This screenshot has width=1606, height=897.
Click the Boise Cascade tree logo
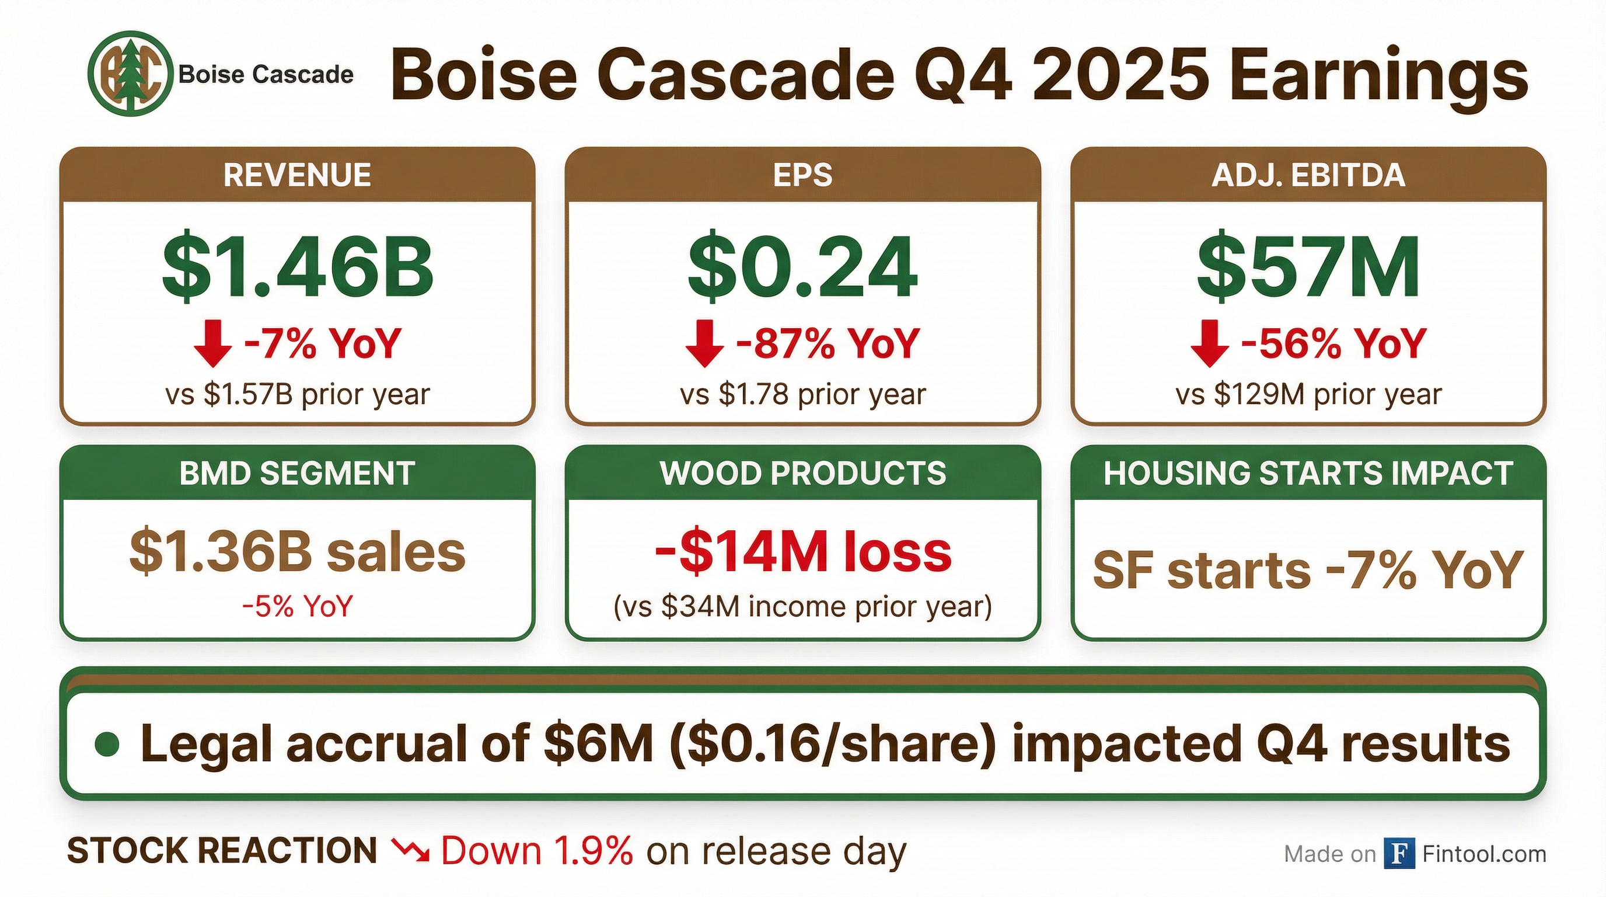(x=130, y=75)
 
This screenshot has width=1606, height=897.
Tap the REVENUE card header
(x=298, y=175)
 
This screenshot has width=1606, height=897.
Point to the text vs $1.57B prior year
(x=298, y=394)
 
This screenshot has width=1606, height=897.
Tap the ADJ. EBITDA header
(x=1308, y=175)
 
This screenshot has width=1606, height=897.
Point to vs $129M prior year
(x=1308, y=394)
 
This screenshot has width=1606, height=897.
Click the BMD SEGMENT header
(x=298, y=473)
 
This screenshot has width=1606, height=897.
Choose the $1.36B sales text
(x=298, y=552)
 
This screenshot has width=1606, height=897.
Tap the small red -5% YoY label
(x=298, y=606)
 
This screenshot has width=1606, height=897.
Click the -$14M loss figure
(x=802, y=552)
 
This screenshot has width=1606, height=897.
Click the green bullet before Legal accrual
(x=108, y=745)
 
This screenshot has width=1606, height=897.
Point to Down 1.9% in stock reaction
(x=537, y=851)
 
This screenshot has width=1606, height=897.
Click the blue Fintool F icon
(x=1399, y=853)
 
